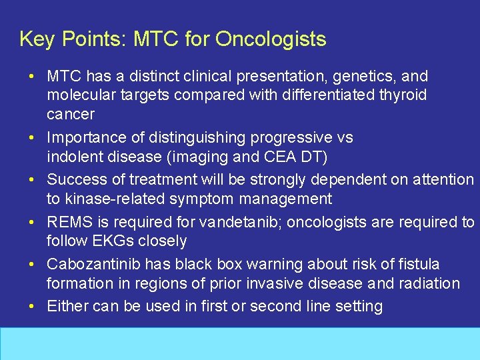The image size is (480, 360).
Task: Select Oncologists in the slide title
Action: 271,39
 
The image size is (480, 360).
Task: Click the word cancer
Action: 71,114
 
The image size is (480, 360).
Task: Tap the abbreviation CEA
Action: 274,157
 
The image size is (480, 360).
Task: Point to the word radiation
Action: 427,283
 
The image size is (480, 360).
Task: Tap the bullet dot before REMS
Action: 32,222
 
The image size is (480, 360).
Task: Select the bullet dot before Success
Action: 32,179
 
